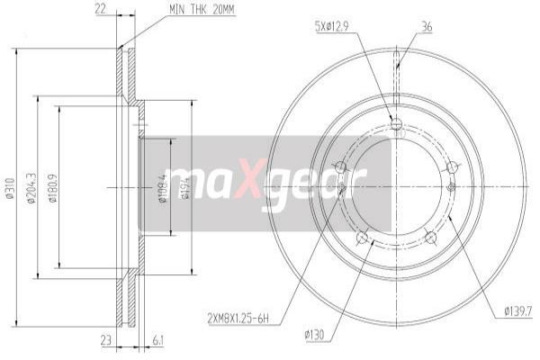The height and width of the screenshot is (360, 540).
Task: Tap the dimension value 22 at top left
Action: (101, 10)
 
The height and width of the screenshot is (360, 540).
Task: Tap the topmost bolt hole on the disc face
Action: (397, 123)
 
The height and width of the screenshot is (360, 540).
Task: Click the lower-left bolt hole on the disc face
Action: (361, 238)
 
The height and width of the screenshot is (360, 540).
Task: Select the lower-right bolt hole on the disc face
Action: (431, 238)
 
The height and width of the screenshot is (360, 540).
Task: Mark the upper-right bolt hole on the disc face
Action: (453, 166)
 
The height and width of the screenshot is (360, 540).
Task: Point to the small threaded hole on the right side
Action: (450, 188)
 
